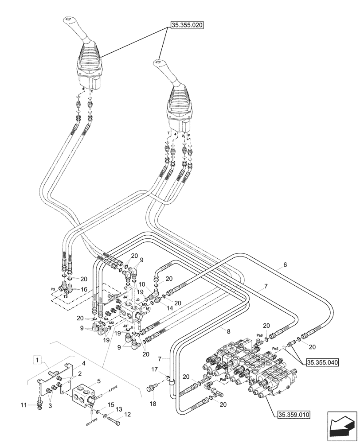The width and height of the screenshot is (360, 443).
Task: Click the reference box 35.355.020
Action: [x=186, y=26]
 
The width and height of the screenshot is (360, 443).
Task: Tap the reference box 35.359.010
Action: [x=293, y=415]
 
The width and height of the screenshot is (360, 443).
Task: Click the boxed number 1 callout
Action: [x=39, y=358]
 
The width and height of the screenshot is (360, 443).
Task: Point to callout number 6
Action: [x=285, y=265]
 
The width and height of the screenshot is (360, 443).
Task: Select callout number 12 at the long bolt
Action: [x=128, y=415]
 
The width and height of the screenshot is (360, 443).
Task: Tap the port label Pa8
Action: [x=260, y=335]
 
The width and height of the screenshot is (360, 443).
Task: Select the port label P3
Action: [x=53, y=289]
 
